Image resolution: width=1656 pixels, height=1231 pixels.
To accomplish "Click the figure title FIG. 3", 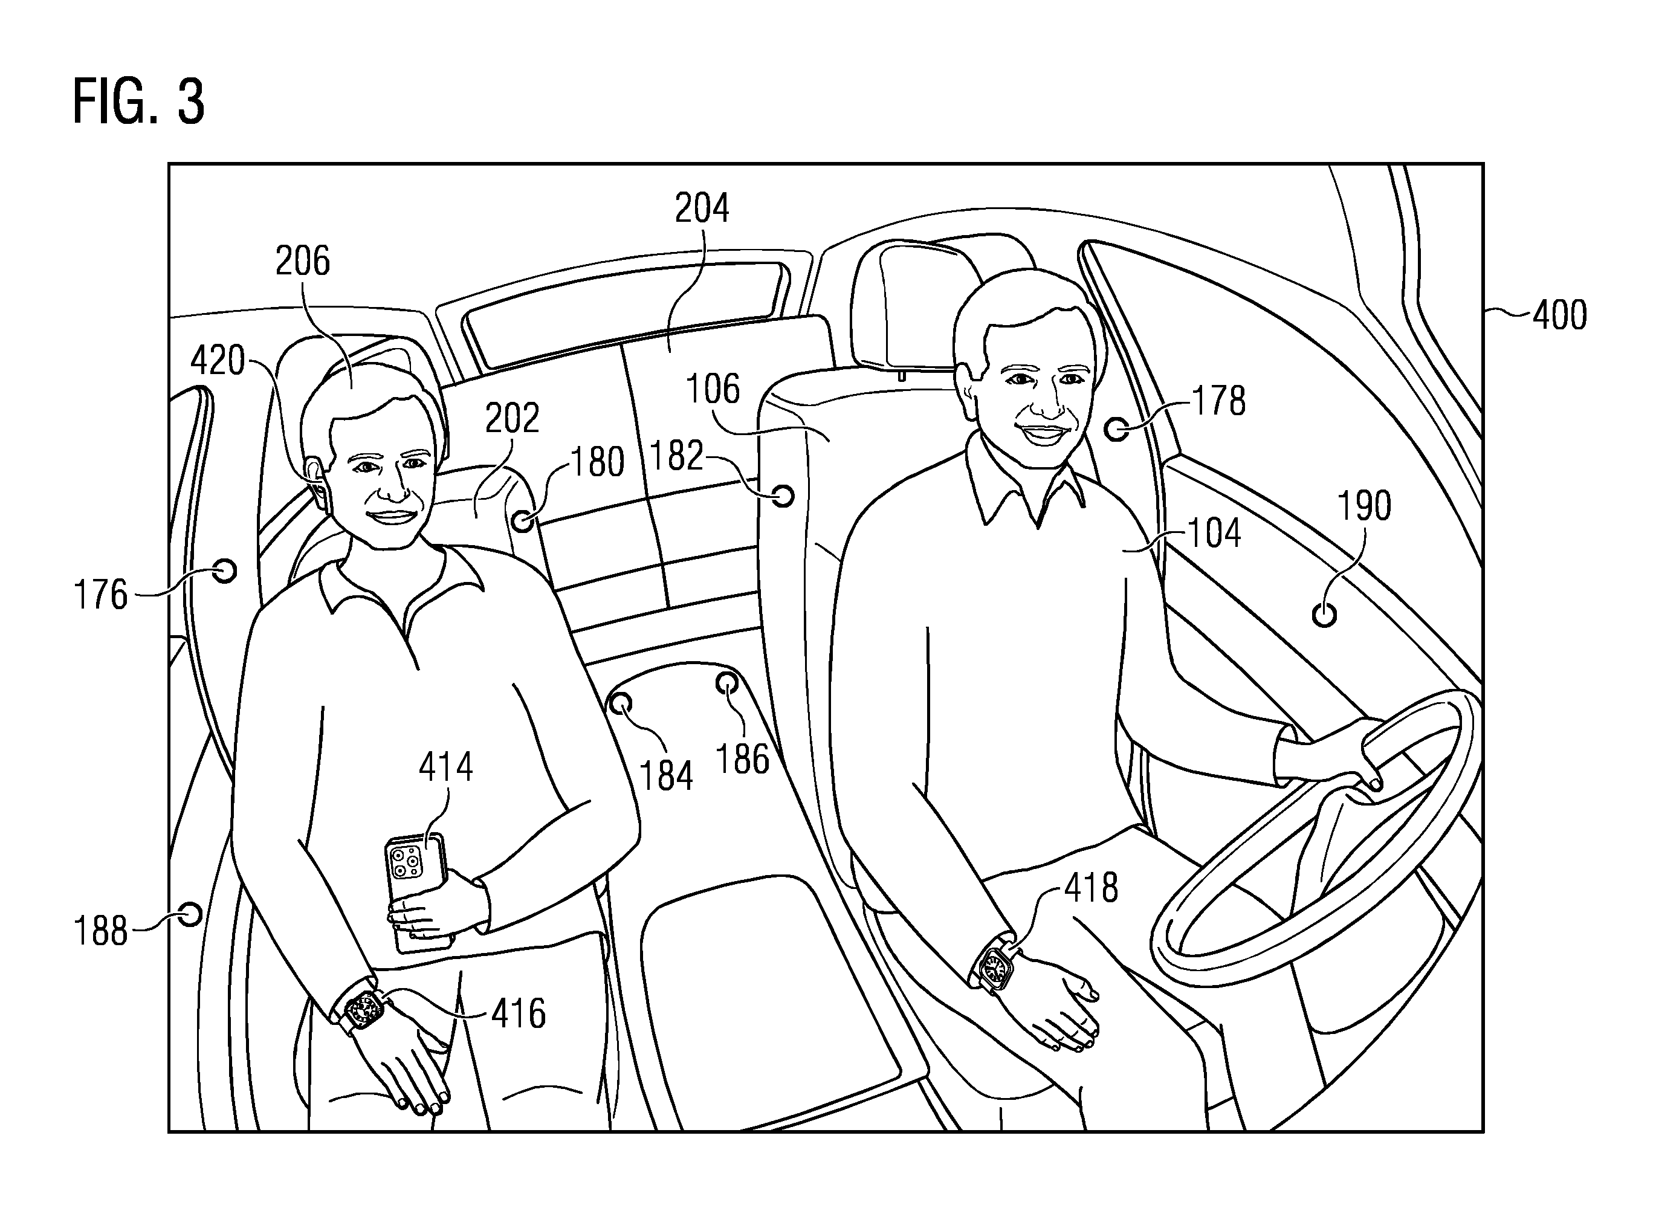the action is click(138, 102).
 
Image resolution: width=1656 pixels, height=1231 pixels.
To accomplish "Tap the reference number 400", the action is click(1560, 315).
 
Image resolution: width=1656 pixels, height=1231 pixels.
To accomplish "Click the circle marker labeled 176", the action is click(224, 571).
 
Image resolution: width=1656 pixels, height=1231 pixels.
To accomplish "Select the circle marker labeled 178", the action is click(1116, 428).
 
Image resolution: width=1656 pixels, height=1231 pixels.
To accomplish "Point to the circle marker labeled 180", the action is click(523, 520).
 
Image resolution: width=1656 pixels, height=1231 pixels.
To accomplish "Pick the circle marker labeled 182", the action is click(783, 496).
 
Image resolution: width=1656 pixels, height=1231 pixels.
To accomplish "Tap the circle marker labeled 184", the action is click(620, 703).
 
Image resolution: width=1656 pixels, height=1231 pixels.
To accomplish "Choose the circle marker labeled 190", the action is click(1324, 615).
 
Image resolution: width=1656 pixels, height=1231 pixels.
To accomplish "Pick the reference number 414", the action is click(445, 767).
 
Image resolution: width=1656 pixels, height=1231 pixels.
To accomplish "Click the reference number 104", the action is click(1215, 533).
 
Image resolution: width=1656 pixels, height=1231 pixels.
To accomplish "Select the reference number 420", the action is click(218, 361).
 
